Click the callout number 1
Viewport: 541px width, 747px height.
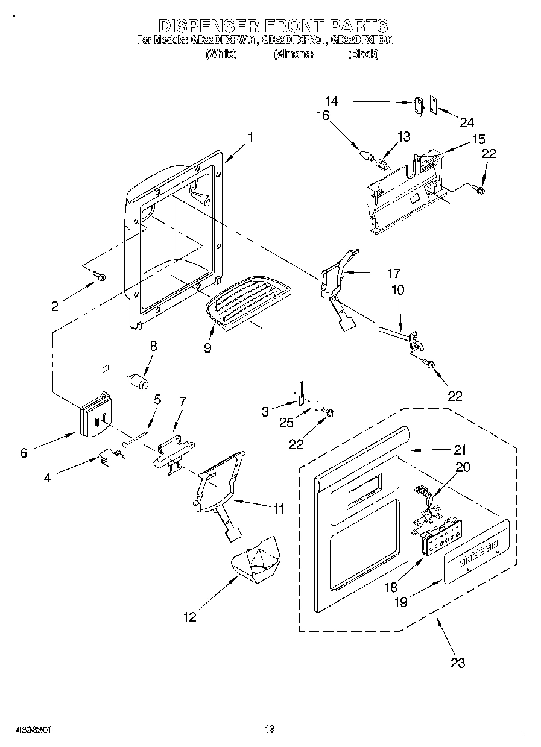pyautogui.click(x=250, y=137)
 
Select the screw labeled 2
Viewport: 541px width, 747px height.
pyautogui.click(x=100, y=277)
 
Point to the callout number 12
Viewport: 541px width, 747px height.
pyautogui.click(x=189, y=617)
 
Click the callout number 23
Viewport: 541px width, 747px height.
pyautogui.click(x=458, y=663)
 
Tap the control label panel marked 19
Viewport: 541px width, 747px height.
pyautogui.click(x=476, y=550)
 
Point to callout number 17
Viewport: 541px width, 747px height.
pyautogui.click(x=395, y=273)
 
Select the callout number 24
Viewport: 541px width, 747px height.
pyautogui.click(x=467, y=123)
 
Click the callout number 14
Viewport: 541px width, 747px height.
pyautogui.click(x=332, y=101)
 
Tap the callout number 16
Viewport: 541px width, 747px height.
pyautogui.click(x=324, y=115)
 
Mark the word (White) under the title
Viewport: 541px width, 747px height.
pyautogui.click(x=221, y=54)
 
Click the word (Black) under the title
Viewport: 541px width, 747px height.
pyautogui.click(x=362, y=54)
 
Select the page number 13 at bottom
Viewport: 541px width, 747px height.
pyautogui.click(x=269, y=729)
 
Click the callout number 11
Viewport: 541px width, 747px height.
pyautogui.click(x=277, y=509)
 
